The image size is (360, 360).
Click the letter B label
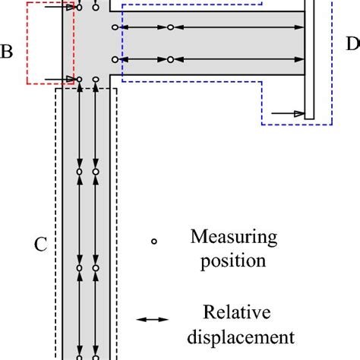pyautogui.click(x=7, y=52)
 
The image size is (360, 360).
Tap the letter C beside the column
pyautogui.click(x=41, y=245)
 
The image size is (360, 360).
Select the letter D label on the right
pyautogui.click(x=352, y=45)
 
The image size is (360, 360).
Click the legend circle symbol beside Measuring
pyautogui.click(x=153, y=242)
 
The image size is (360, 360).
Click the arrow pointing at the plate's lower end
pyautogui.click(x=289, y=114)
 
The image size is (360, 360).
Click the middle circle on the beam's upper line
pyautogui.click(x=171, y=27)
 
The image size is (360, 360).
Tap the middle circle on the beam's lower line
pyautogui.click(x=171, y=58)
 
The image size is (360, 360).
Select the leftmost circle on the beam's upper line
pyautogui.click(x=115, y=27)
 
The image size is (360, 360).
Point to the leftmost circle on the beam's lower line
pyautogui.click(x=115, y=58)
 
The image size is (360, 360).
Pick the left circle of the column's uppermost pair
pyautogui.click(x=80, y=172)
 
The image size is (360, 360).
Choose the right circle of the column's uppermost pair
pyautogui.click(x=96, y=172)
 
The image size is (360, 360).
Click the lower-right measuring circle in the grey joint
pyautogui.click(x=96, y=79)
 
